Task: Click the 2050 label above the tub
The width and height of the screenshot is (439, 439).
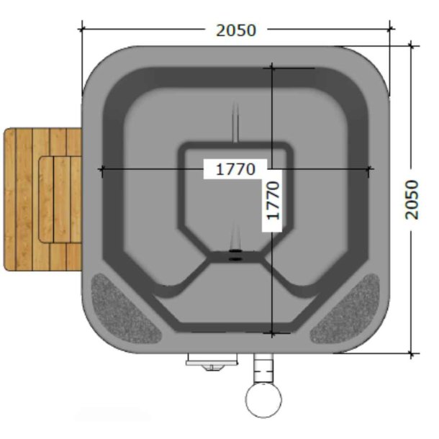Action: (235, 30)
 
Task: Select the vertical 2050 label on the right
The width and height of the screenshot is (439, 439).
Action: (411, 200)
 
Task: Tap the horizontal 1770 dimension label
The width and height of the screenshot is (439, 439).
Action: (235, 170)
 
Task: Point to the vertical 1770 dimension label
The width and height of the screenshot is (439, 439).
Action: (273, 200)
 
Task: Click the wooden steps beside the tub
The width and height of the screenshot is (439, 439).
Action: (42, 199)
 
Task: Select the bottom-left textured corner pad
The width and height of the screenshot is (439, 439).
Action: (125, 307)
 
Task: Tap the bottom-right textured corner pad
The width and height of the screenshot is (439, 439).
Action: (347, 307)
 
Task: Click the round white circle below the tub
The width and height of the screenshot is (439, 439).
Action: (263, 399)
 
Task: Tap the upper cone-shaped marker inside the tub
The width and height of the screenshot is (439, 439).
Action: (235, 122)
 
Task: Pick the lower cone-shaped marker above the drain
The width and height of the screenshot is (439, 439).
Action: (235, 234)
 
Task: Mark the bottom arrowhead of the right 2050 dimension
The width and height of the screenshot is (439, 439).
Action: (412, 353)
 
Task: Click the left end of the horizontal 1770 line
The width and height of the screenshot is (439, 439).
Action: (101, 170)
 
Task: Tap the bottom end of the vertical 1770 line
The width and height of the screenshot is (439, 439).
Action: (272, 333)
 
